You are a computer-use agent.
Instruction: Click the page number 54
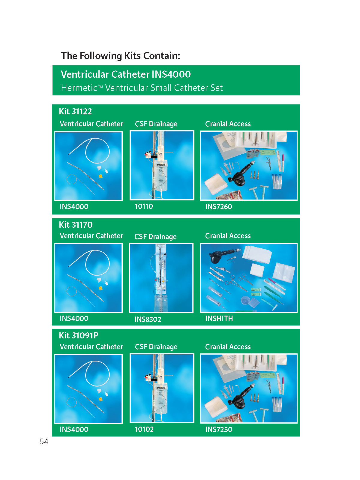point(44,441)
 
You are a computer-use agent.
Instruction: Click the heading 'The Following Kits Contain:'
point(120,56)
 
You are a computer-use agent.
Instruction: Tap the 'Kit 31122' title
point(75,111)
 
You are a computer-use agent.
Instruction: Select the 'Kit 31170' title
point(76,225)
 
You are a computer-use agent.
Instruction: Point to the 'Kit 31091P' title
point(79,335)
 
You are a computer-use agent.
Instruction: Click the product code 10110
point(144,206)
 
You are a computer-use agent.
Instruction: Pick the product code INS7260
point(219,206)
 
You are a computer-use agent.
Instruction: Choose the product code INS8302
point(148,319)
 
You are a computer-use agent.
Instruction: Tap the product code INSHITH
point(219,318)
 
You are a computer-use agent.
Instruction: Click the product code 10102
point(144,429)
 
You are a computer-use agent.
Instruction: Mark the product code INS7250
point(219,429)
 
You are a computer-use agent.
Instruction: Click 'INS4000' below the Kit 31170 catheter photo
point(74,318)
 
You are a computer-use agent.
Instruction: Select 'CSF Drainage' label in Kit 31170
point(155,237)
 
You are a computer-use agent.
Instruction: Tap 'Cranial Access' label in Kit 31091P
point(228,346)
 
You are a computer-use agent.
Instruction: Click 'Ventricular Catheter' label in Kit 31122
point(91,124)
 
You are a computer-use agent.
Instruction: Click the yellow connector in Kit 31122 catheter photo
point(100,176)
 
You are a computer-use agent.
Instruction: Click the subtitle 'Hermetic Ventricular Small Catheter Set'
point(142,88)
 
